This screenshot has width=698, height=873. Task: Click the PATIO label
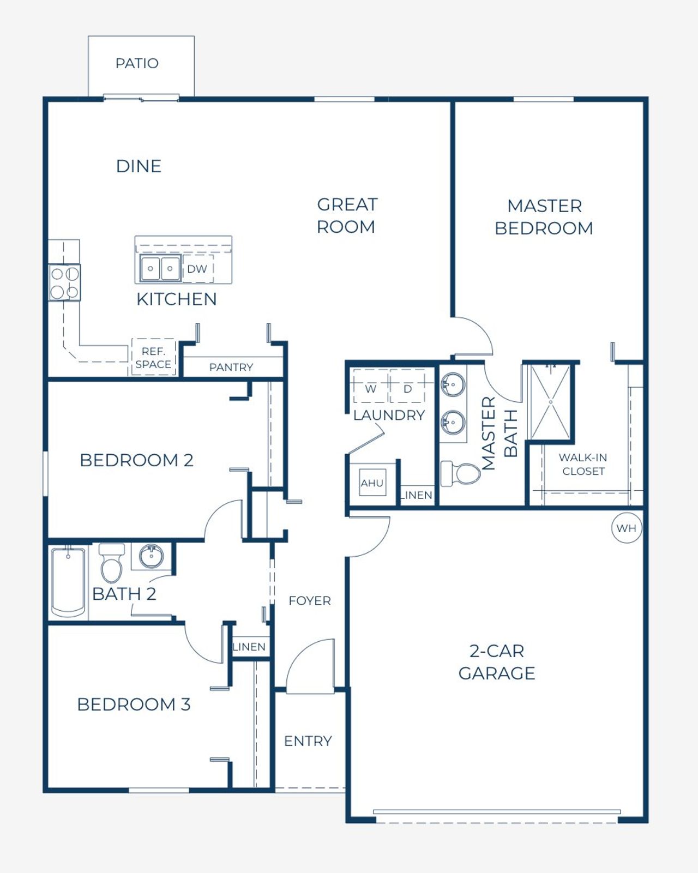click(x=137, y=63)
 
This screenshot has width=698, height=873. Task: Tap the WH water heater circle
click(x=626, y=528)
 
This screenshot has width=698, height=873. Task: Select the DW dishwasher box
click(x=197, y=269)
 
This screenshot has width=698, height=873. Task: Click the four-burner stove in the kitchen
click(x=64, y=282)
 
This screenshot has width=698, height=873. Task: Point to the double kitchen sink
click(x=160, y=269)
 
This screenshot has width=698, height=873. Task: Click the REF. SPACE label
click(x=153, y=358)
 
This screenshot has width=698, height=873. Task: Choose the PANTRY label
click(x=231, y=367)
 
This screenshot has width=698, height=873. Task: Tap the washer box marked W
click(x=371, y=388)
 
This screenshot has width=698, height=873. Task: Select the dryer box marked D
click(x=407, y=388)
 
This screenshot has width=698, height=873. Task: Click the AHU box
click(x=372, y=483)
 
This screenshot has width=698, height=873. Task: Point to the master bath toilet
click(x=461, y=473)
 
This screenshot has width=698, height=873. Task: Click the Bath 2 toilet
click(x=112, y=563)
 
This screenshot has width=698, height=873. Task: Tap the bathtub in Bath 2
click(x=68, y=582)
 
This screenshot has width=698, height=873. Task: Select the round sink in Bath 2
click(x=151, y=556)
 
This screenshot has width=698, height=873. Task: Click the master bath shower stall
click(x=550, y=402)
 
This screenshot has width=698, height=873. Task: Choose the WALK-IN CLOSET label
click(x=583, y=464)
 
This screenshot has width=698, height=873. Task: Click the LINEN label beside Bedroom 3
click(x=249, y=647)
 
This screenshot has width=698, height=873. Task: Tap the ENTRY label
click(x=308, y=741)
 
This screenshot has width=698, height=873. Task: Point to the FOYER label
click(x=310, y=600)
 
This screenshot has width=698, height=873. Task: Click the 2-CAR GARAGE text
click(x=496, y=662)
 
